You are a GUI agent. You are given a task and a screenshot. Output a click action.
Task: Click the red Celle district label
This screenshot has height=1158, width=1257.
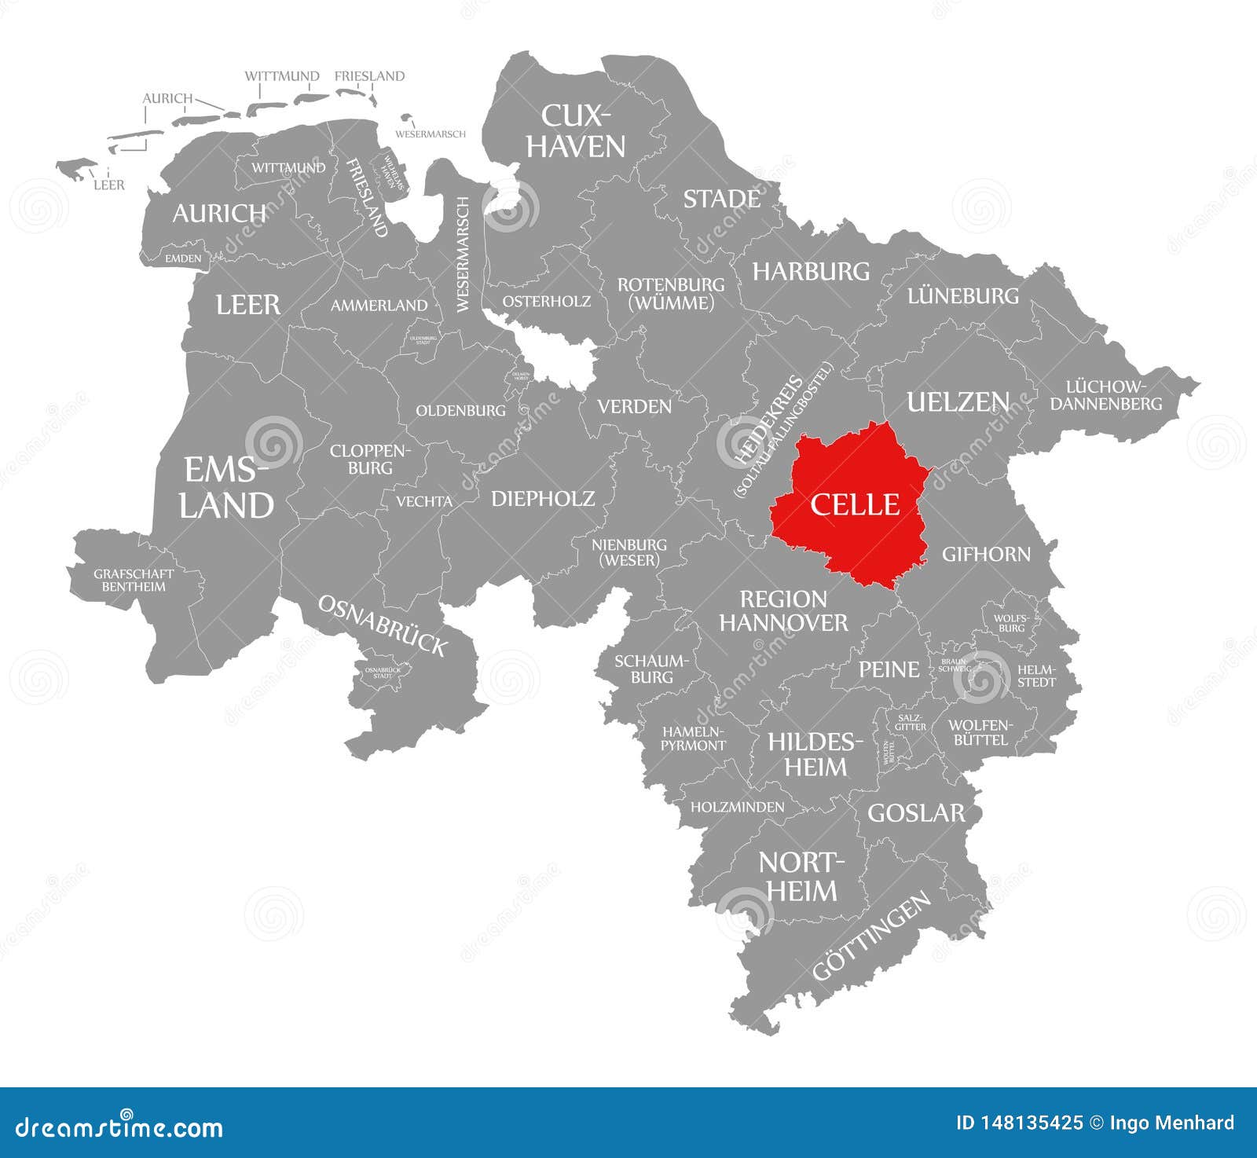point(855,504)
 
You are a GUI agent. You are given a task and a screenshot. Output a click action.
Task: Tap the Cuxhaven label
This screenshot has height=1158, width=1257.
point(575,130)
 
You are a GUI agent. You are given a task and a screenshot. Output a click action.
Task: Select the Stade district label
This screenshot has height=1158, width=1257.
point(721,199)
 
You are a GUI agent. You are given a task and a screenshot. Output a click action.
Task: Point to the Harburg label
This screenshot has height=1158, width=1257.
point(811,272)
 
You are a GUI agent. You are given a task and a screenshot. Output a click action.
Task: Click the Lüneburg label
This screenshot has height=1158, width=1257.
point(962,296)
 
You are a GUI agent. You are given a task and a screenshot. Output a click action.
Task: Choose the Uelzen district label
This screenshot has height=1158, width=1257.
point(958,402)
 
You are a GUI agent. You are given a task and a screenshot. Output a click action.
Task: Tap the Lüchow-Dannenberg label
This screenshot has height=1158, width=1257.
point(1106,395)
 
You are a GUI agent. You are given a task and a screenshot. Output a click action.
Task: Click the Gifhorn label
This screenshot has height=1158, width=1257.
point(986,554)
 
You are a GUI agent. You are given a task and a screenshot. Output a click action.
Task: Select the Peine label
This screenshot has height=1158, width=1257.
point(889,669)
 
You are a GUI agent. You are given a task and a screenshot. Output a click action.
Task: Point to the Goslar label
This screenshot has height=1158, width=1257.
point(915,812)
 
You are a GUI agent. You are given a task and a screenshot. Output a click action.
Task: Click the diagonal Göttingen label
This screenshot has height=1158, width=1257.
point(872,936)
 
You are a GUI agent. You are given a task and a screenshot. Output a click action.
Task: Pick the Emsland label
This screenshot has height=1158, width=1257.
point(226,488)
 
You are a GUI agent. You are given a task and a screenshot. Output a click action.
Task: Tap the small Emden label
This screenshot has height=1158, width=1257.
point(183,258)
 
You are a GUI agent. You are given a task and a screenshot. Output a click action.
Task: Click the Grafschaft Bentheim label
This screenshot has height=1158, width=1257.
point(134,580)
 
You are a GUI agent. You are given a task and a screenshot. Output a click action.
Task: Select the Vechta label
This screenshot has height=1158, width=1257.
point(423,501)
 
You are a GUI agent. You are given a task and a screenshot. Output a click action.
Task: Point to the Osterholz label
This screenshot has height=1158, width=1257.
point(547,301)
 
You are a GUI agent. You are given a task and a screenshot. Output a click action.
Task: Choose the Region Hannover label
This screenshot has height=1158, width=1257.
point(783,611)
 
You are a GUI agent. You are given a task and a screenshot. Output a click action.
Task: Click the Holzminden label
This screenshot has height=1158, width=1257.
point(737,807)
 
